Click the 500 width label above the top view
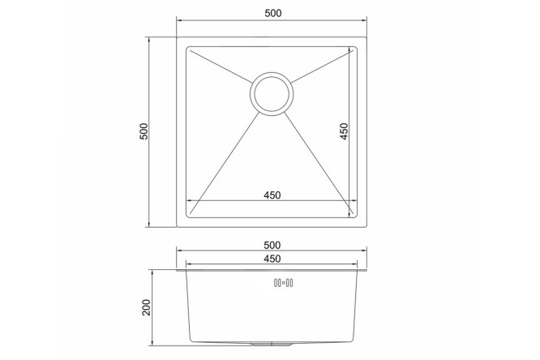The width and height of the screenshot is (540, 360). click(x=273, y=13)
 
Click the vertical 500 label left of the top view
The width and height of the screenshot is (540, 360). click(x=144, y=131)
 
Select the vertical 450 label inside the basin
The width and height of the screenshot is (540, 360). click(x=344, y=131)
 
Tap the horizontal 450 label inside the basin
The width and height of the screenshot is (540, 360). click(x=272, y=195)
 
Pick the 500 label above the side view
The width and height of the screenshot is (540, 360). click(x=272, y=246)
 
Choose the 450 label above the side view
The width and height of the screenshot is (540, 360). click(x=272, y=259)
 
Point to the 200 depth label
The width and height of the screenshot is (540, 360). click(x=147, y=307)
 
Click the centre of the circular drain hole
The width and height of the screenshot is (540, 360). click(x=272, y=94)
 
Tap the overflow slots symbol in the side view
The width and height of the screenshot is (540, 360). click(x=284, y=283)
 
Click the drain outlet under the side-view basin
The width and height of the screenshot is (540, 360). click(x=272, y=344)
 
